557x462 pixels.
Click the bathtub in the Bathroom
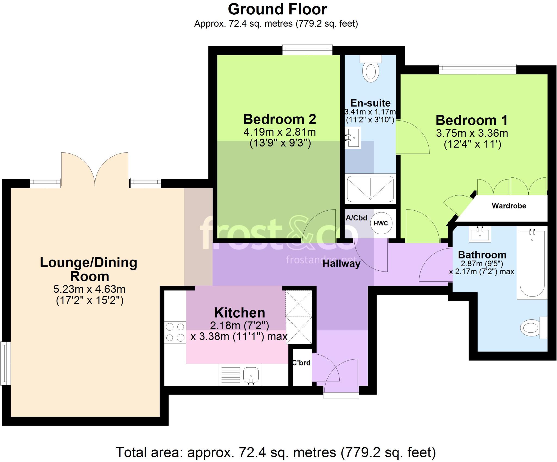532,264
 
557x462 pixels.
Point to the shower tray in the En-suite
370,189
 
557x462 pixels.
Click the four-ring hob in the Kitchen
175,332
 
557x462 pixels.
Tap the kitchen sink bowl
251,375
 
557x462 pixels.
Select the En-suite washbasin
353,138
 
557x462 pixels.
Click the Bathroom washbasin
480,234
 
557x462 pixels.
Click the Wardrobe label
509,206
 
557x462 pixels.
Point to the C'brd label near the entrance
301,363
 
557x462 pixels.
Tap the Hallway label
341,264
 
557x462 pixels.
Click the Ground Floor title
277,9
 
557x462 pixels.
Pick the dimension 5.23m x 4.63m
89,289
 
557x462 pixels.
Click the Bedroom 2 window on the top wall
307,50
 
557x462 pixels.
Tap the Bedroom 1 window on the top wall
477,69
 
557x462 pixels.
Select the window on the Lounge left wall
5,363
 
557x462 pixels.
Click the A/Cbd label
356,218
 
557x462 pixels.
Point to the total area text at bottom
276,452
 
